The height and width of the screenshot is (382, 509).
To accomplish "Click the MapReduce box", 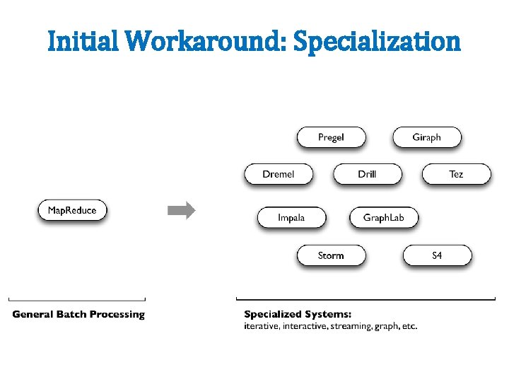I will [x=72, y=210].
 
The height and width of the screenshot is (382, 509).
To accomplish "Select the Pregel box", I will [x=331, y=137].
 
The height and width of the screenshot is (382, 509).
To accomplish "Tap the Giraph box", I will [x=427, y=137].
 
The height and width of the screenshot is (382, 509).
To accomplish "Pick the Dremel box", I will [x=279, y=174].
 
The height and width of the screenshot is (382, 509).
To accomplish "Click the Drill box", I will [x=367, y=174].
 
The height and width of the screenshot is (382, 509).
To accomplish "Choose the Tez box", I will [x=456, y=174].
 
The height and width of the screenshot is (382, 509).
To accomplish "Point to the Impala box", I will [x=291, y=217].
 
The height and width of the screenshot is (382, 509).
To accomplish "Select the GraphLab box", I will [x=384, y=217].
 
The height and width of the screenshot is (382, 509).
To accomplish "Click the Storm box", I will [x=331, y=255].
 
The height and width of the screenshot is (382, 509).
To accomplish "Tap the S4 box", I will [x=437, y=255].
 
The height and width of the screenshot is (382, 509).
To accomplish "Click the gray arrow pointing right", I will [x=181, y=210].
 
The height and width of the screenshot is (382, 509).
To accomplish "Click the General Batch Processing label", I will [x=78, y=314].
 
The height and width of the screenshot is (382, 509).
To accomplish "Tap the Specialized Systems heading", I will [x=298, y=314].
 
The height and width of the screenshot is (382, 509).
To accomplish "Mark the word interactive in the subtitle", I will [x=297, y=326].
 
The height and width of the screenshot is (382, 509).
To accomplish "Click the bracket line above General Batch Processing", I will [x=77, y=299].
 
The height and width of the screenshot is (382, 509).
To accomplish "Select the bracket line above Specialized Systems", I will [x=365, y=299].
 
